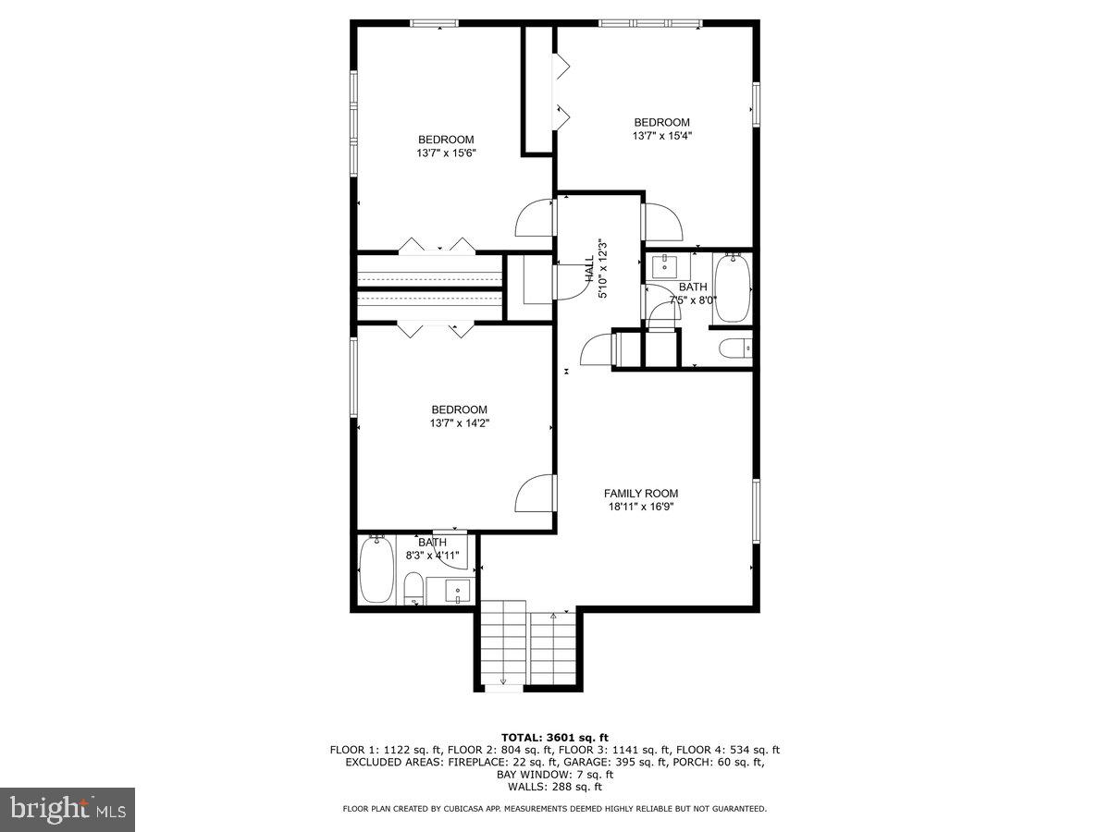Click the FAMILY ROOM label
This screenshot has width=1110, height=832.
[x=641, y=493]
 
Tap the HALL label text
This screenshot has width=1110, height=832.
[x=589, y=269]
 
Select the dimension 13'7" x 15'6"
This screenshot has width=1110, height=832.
[x=446, y=153]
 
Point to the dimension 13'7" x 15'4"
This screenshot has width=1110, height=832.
[x=662, y=135]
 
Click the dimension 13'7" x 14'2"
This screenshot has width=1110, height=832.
[x=460, y=422]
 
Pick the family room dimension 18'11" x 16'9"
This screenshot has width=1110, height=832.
[x=641, y=507]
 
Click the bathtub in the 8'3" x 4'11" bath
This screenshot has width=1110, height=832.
[x=376, y=570]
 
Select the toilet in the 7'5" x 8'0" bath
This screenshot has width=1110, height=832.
[x=735, y=349]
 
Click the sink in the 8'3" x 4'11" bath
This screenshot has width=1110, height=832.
[x=458, y=591]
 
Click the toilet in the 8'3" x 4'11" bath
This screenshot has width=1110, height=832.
[x=413, y=589]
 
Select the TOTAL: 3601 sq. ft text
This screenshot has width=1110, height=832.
[x=555, y=738]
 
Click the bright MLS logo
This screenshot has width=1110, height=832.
[x=68, y=810]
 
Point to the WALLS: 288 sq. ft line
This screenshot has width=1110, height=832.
[x=555, y=787]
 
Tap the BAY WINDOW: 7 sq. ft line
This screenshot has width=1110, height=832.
[x=555, y=775]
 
